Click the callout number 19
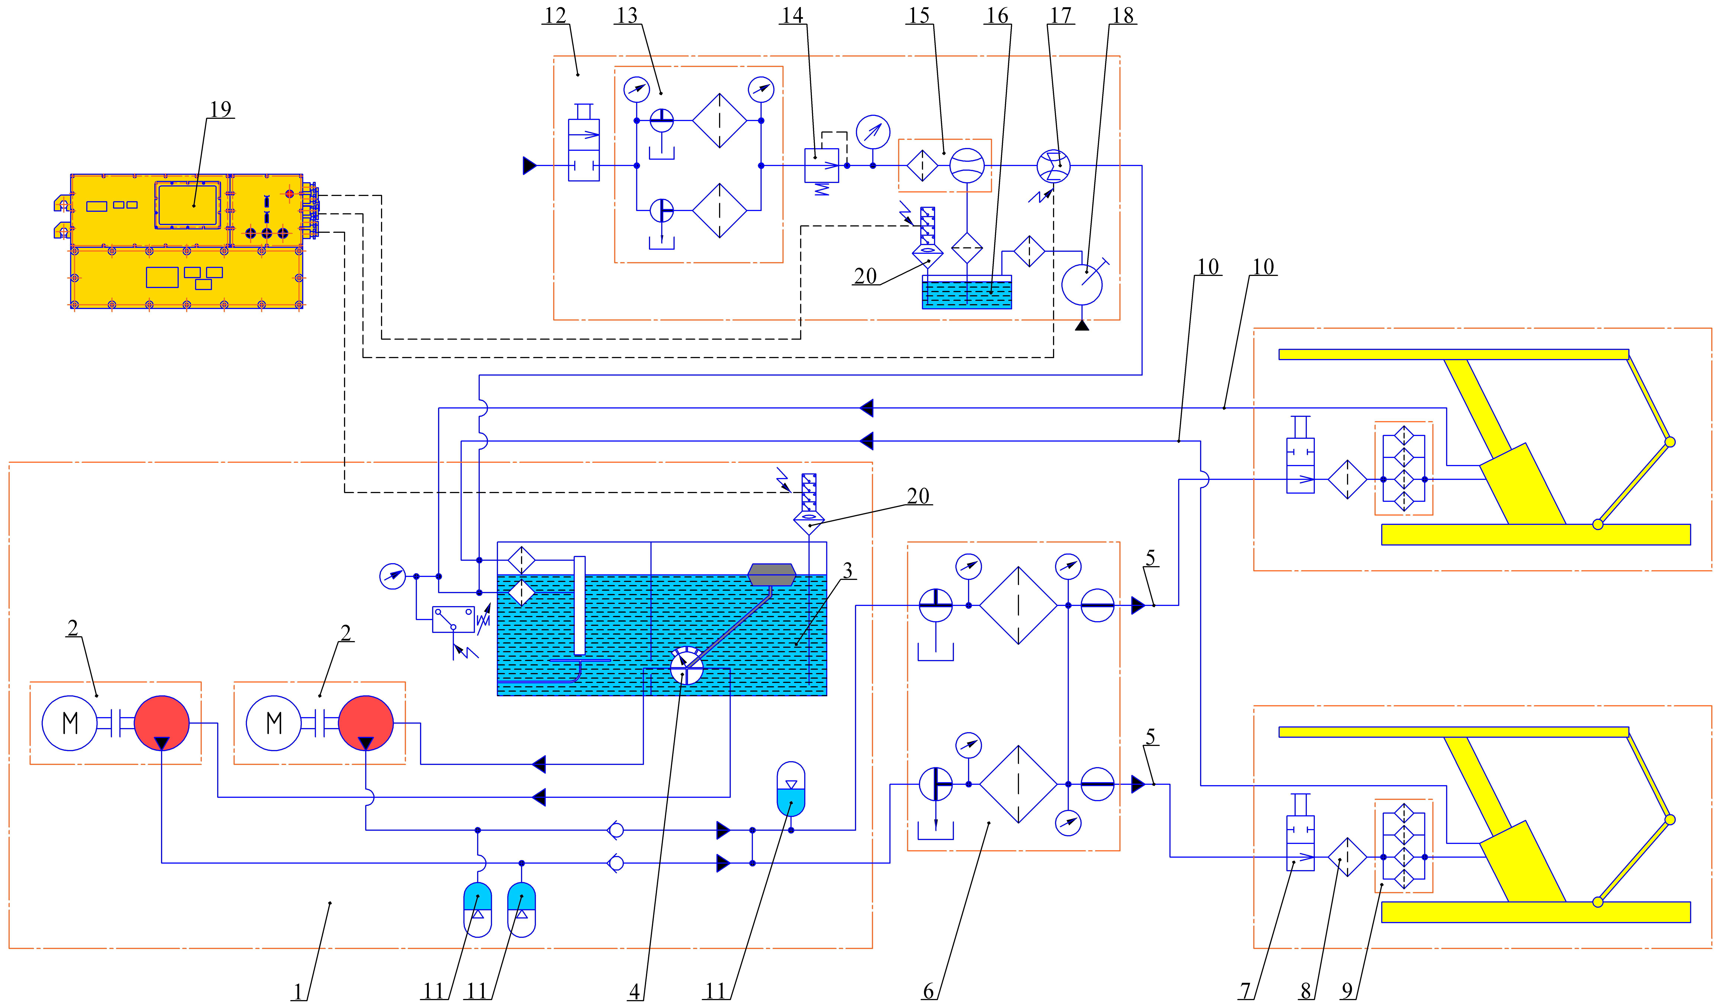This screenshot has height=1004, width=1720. click(x=221, y=109)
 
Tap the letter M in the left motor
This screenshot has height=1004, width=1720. click(x=70, y=723)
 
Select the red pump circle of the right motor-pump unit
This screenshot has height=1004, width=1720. click(x=366, y=723)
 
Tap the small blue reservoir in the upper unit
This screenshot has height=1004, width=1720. click(x=967, y=292)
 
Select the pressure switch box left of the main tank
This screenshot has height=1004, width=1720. click(x=453, y=619)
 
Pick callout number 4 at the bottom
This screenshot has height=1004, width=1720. click(x=635, y=990)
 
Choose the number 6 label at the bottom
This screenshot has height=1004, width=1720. click(x=928, y=990)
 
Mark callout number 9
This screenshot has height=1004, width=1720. click(x=1347, y=990)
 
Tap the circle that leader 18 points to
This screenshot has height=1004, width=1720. click(x=1082, y=285)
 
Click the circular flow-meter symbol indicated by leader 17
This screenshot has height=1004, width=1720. click(x=1053, y=166)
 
